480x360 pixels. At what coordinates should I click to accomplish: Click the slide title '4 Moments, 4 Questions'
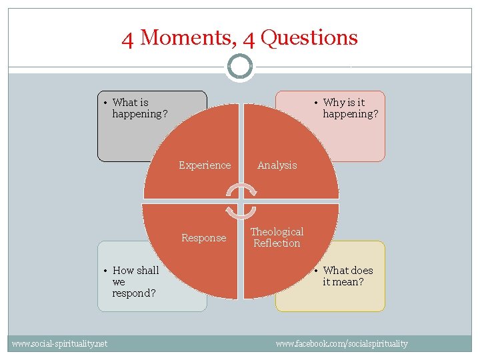239,38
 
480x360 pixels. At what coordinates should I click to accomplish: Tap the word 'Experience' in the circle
205,165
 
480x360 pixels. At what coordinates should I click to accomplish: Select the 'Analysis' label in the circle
277,165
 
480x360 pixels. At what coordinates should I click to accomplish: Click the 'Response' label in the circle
204,238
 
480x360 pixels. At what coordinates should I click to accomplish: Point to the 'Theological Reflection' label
277,237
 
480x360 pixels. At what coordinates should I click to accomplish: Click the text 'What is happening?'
139,108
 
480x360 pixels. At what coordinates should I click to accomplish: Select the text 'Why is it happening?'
350,108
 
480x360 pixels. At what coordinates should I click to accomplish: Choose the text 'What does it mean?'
347,276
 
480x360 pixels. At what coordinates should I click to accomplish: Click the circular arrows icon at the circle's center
240,201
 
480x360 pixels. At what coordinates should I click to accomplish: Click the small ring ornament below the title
240,67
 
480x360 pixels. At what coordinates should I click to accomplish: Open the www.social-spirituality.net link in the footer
59,343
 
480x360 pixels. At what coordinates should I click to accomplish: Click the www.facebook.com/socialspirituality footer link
341,343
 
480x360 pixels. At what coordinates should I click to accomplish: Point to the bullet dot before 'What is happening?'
107,103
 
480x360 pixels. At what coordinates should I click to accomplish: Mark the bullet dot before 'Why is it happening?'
317,103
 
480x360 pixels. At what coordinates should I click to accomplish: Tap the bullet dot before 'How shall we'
107,271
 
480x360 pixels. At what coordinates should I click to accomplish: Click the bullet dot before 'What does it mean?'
317,271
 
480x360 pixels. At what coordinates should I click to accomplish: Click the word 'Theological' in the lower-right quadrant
277,232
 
